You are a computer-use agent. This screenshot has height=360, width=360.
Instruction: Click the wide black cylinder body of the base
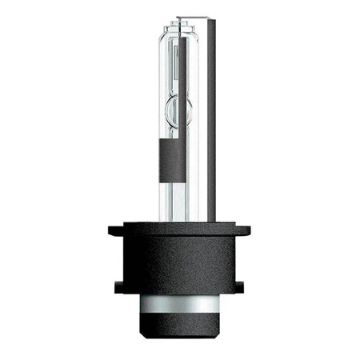(x=179, y=264)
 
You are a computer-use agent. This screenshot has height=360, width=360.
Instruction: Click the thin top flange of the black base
(x=179, y=230)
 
